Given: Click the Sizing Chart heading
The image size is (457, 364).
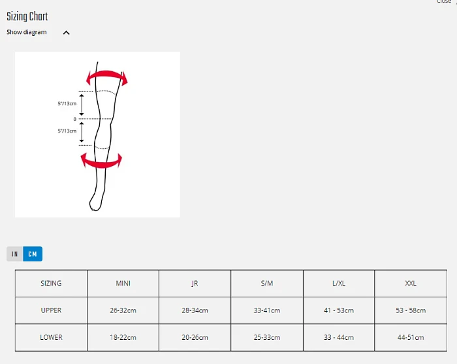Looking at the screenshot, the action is [x=27, y=16].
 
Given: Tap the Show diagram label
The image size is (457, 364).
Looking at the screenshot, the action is [x=27, y=32].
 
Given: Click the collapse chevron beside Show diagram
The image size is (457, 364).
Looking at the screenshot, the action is [x=67, y=33].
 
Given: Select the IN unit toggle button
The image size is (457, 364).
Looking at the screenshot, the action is [x=15, y=254].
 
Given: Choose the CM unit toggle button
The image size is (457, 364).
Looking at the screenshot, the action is [x=33, y=254].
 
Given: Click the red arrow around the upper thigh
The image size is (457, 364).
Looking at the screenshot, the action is [x=107, y=73].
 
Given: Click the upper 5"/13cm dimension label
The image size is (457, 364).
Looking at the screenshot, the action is [x=67, y=103].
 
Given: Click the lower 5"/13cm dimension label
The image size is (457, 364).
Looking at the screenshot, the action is [x=67, y=131].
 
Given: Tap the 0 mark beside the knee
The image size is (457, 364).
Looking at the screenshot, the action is [x=75, y=119].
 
